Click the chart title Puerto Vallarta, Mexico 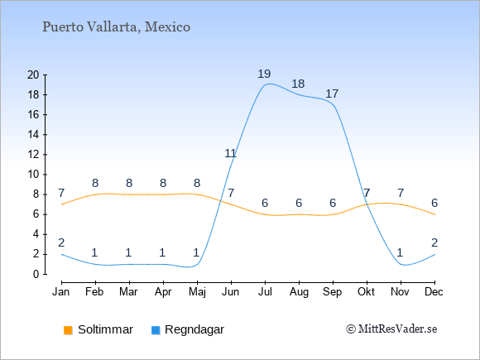click(117, 27)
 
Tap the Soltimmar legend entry click(98, 329)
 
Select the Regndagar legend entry click(188, 329)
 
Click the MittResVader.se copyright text click(391, 329)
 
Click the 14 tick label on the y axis click(33, 135)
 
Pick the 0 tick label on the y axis click(36, 274)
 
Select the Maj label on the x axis click(197, 292)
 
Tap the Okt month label click(367, 292)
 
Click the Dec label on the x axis click(434, 292)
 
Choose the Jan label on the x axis click(61, 292)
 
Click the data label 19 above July click(264, 74)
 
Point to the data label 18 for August click(298, 84)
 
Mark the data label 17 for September click(332, 94)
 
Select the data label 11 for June click(230, 153)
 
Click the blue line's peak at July click(269, 84)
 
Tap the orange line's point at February click(95, 194)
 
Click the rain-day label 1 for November click(400, 253)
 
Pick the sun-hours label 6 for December click(434, 203)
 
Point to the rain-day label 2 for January click(61, 242)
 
